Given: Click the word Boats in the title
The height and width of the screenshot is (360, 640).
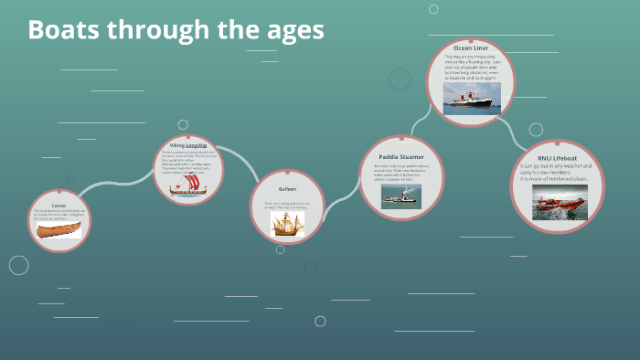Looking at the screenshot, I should coord(64,30).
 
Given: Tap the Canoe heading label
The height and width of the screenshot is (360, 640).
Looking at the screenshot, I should coord(59,206).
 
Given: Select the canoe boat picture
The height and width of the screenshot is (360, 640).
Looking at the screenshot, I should coord(59,228).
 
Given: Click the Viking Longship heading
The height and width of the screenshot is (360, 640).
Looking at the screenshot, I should coord(188,145).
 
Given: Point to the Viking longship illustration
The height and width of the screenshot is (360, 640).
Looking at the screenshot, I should coord(188,185).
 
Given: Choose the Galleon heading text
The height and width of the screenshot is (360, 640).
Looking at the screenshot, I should coord(288,189).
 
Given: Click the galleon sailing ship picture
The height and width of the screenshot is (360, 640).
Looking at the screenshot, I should coord(287,224).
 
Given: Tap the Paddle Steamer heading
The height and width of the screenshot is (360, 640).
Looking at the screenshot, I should coord(400,156).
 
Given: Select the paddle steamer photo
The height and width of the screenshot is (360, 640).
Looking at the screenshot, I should coord(400,196).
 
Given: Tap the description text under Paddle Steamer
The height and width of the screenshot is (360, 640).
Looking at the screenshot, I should coord(400,173).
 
